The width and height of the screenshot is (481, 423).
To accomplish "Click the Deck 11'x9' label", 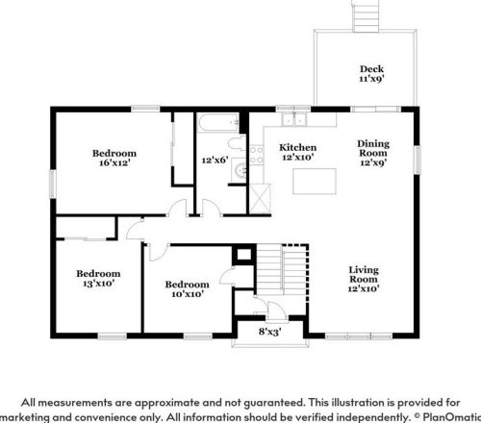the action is tap(371, 74).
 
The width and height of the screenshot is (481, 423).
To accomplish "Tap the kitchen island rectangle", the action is tap(315, 182).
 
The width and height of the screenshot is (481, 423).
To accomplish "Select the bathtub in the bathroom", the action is tap(219, 123).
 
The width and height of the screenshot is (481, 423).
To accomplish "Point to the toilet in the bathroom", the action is tap(238, 143).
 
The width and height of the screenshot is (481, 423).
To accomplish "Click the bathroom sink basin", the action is tap(240, 170).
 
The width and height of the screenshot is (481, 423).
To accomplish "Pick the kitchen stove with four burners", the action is tap(257, 155).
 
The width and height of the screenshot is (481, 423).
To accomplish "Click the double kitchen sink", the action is tap(293, 119).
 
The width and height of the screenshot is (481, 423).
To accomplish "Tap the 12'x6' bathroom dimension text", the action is tap(215, 160).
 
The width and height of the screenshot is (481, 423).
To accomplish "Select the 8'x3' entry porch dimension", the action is tap(270, 332).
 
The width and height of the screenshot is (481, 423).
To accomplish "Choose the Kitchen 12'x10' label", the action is tap(298, 152).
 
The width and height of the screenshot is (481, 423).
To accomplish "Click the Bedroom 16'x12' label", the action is tap(114, 158).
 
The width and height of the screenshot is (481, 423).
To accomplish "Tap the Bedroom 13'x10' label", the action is tap(98, 278).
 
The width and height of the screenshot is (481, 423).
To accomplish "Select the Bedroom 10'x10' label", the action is tap(188, 289).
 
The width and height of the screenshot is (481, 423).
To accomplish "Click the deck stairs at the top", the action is tap(366, 16).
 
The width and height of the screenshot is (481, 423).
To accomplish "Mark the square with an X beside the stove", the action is tap(260, 199).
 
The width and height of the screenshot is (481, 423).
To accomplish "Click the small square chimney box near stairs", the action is tap(244, 255).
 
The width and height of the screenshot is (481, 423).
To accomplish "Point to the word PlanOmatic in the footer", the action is tap(452, 417).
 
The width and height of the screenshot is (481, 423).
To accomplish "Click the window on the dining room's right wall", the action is tap(417, 160).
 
